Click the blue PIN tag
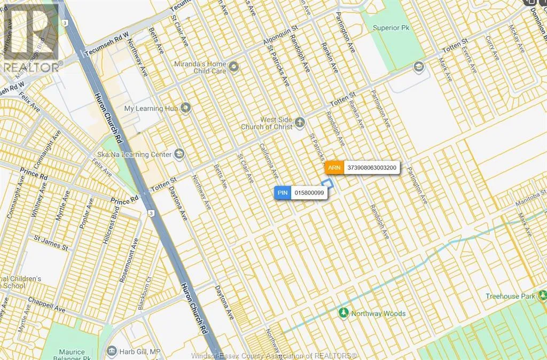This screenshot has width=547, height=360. (283, 193)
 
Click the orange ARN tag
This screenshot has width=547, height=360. (334, 167)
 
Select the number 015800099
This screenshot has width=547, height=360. (309, 193)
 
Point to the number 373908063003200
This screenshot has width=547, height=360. (372, 167)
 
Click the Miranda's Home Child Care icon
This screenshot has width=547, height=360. (233, 66)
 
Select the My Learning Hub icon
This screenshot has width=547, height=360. (185, 108)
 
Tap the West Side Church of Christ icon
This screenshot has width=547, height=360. (300, 123)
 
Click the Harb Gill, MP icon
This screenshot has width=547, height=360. (111, 351)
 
